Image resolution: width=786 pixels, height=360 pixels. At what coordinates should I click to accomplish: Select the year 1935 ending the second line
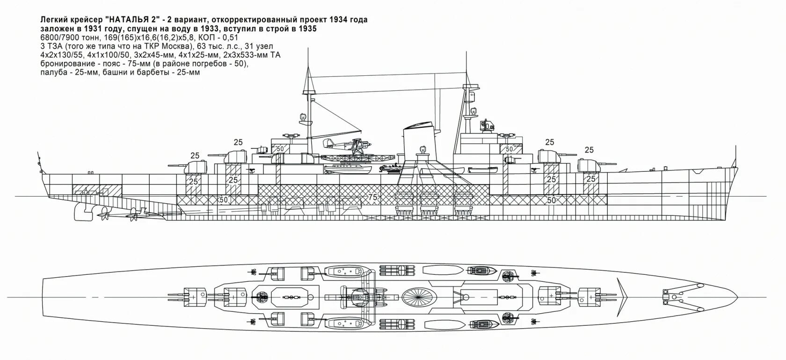coord(307,29)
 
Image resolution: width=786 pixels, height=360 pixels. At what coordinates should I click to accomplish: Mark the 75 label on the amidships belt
coord(373,197)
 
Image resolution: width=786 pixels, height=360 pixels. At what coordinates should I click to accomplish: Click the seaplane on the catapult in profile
coord(339,145)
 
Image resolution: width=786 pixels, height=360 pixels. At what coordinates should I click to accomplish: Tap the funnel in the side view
coord(418,145)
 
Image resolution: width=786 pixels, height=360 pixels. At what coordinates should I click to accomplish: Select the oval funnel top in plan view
coord(419,296)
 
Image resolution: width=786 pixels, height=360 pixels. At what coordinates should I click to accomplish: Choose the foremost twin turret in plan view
coord(589,296)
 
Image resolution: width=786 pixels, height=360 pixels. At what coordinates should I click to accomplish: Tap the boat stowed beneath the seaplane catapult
coord(347,169)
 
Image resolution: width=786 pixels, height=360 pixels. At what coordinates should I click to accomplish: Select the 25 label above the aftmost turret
coord(195,155)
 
